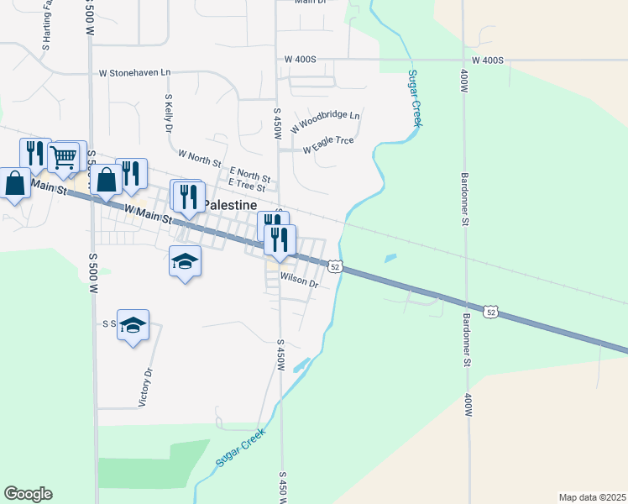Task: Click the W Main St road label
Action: (x=147, y=212)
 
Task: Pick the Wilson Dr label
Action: (x=300, y=280)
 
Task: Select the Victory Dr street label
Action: (x=145, y=387)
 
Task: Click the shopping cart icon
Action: (x=65, y=156)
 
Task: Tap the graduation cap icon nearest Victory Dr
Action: (x=133, y=325)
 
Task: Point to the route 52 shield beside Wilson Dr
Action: (x=335, y=266)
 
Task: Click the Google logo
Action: (x=28, y=494)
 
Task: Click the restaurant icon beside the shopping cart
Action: (x=35, y=154)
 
